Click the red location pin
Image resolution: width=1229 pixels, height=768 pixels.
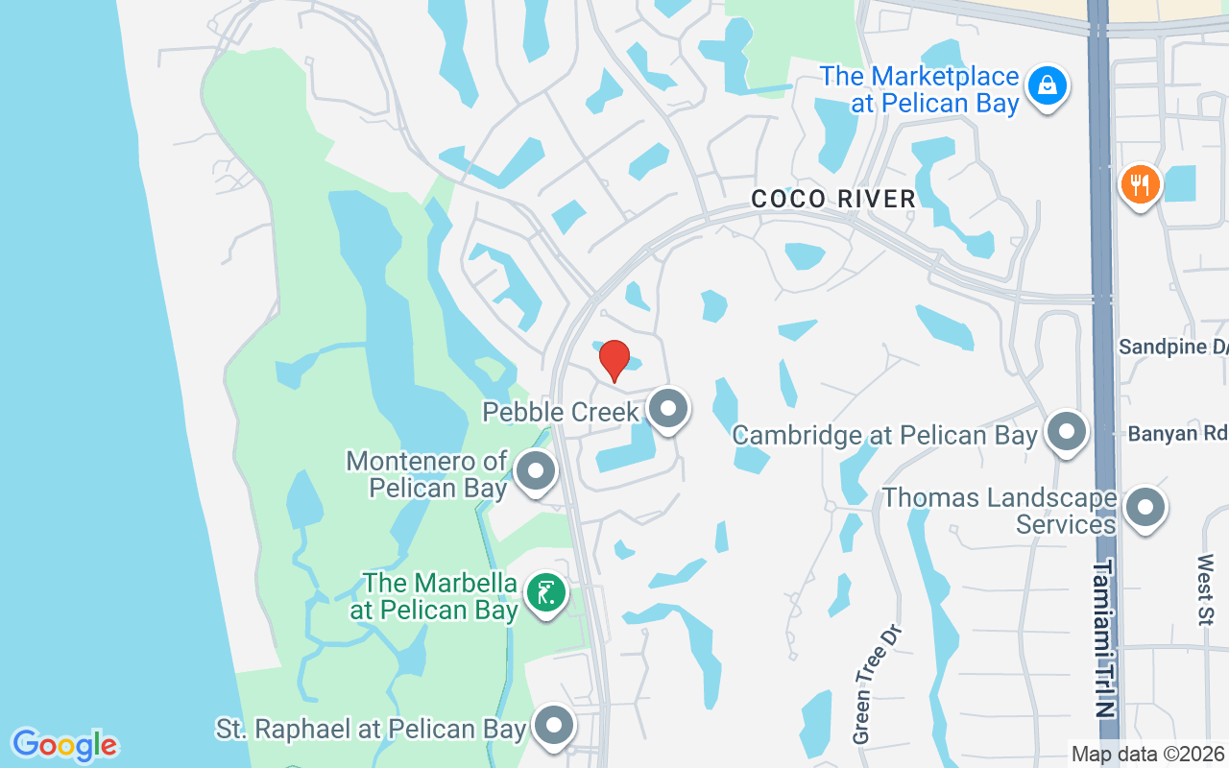tap(614, 360)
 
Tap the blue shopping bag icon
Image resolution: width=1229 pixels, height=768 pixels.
tap(1047, 86)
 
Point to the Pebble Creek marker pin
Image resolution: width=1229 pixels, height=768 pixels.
tap(668, 410)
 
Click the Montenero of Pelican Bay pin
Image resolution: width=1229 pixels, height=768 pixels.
tap(536, 471)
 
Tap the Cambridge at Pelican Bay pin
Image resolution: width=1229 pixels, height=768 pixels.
tap(1066, 433)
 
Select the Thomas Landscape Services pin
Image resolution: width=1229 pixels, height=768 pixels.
tap(1144, 508)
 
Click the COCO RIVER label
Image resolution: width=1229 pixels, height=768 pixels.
tap(832, 199)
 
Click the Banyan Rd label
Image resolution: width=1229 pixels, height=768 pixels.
tap(1177, 434)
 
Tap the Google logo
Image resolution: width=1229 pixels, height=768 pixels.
tap(65, 744)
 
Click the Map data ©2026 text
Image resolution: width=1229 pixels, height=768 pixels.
tap(1148, 755)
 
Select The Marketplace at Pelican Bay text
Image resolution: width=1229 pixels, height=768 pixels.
tap(919, 89)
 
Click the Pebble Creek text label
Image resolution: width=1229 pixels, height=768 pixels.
tap(561, 412)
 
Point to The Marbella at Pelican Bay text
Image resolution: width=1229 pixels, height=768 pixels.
tap(440, 596)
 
